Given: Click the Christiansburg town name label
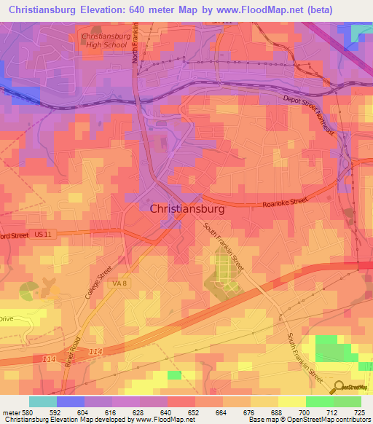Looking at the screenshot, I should pos(187,208).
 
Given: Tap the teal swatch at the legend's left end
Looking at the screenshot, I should pos(42,401).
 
